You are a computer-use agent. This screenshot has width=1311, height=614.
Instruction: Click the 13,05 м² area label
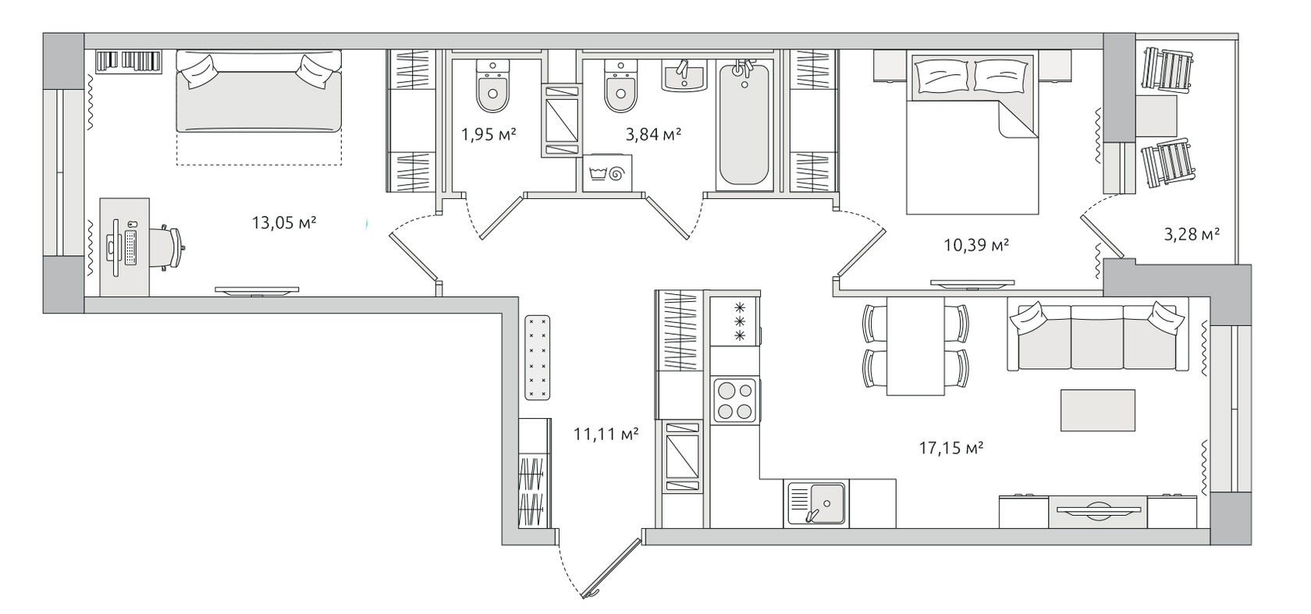(284, 223)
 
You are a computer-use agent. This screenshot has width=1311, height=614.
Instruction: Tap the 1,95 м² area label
(489, 135)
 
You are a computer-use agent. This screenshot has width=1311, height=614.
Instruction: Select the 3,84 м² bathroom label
(653, 135)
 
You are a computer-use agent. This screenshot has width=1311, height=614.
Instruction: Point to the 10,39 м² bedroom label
(976, 245)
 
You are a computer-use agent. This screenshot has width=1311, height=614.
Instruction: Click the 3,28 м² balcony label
(1192, 235)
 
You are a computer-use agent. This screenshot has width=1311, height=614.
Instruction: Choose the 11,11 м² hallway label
(606, 434)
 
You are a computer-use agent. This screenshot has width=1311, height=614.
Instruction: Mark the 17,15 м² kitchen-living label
(951, 449)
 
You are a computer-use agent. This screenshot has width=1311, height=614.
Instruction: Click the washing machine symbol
(607, 173)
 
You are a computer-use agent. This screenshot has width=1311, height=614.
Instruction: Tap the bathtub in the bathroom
(744, 126)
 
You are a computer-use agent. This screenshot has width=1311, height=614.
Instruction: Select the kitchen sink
(816, 502)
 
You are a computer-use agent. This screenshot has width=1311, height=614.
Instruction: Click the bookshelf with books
(129, 62)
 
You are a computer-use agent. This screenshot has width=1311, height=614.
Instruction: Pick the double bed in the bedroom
(972, 133)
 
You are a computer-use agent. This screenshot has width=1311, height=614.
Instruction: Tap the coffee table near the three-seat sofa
(1098, 410)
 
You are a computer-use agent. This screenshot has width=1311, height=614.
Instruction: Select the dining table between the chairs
(915, 346)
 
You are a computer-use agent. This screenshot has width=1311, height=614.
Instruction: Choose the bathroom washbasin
(685, 76)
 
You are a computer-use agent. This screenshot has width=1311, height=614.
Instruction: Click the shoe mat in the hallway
(537, 357)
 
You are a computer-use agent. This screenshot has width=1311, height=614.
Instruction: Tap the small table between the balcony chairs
(1156, 116)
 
